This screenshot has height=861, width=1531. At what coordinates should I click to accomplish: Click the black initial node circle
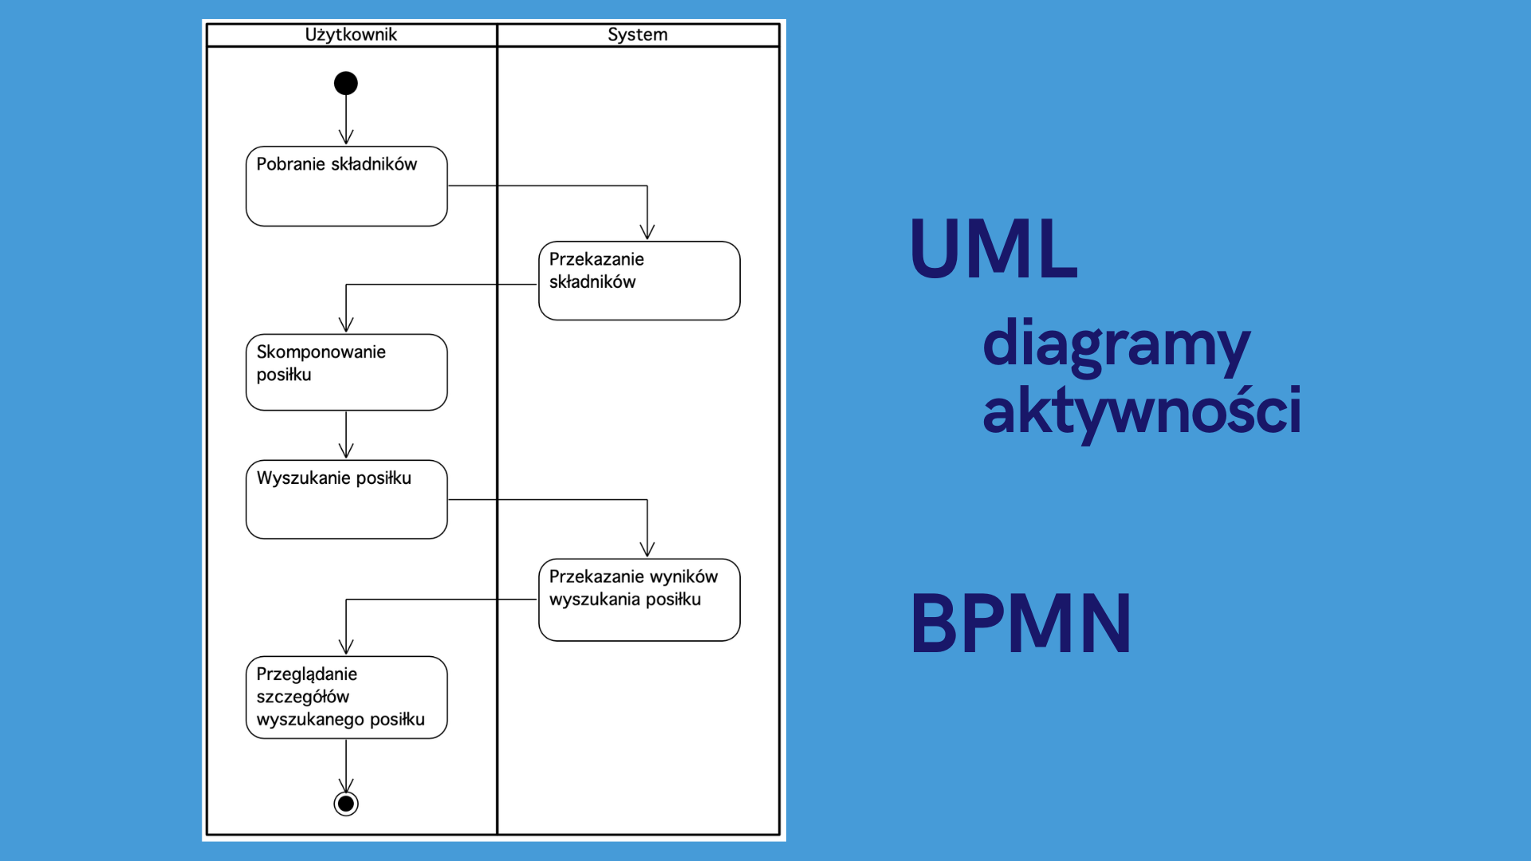click(x=346, y=83)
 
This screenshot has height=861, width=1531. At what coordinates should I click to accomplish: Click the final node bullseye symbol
click(x=346, y=804)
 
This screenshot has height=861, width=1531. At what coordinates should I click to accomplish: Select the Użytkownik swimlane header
click(x=351, y=34)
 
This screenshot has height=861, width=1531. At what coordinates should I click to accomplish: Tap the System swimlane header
click(x=638, y=34)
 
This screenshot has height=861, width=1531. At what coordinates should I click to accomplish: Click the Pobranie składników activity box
click(x=347, y=186)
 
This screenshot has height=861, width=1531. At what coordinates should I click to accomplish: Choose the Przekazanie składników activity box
click(x=640, y=281)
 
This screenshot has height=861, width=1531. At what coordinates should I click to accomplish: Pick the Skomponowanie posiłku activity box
click(x=347, y=372)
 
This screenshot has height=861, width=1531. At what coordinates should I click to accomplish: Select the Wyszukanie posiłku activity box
click(x=347, y=499)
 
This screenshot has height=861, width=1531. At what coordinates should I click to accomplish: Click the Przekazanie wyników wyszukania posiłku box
click(x=640, y=600)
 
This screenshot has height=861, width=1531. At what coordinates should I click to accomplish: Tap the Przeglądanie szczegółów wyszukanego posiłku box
click(x=347, y=698)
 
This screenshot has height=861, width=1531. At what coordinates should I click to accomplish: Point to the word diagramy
click(x=1116, y=345)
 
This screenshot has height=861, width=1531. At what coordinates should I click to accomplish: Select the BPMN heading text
click(x=1021, y=623)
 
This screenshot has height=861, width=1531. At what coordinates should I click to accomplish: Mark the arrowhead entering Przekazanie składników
click(x=647, y=232)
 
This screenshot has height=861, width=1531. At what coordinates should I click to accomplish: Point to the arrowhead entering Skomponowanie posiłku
click(x=346, y=324)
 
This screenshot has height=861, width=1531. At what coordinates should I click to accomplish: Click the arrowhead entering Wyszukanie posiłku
click(x=346, y=450)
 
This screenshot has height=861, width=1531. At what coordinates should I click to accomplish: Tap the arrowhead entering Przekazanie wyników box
click(x=647, y=549)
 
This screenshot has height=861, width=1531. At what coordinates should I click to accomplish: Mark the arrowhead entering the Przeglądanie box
click(x=346, y=647)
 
